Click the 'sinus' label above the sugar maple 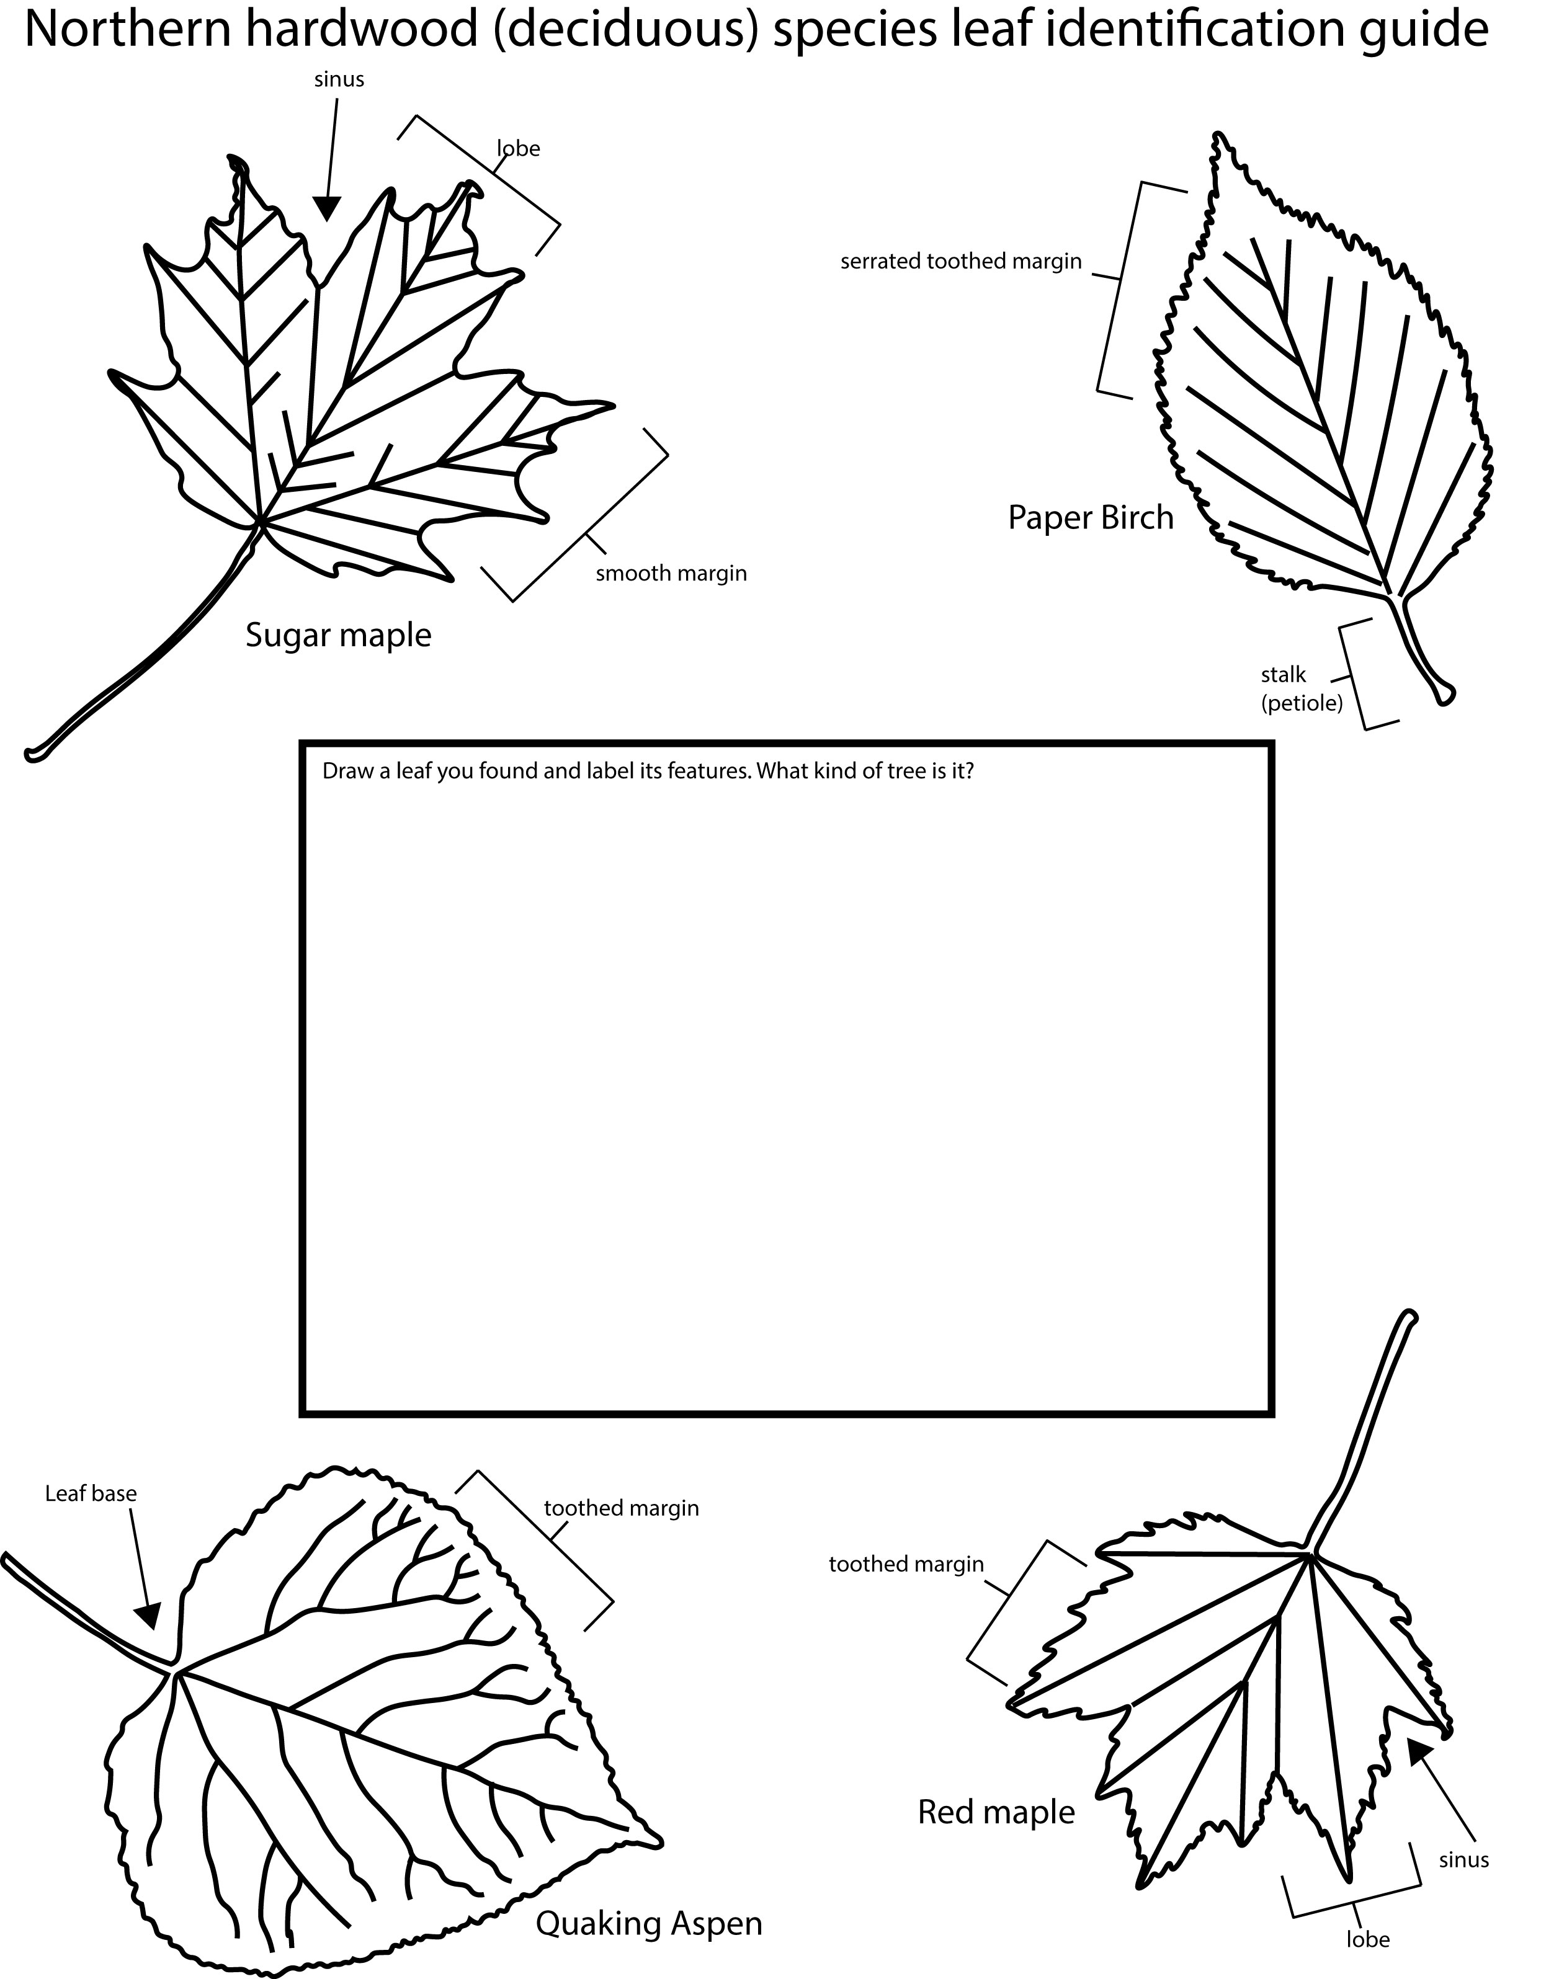pyautogui.click(x=339, y=80)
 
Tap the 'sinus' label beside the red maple pyautogui.click(x=1464, y=1861)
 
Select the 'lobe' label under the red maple pyautogui.click(x=1368, y=1939)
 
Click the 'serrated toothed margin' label pyautogui.click(x=961, y=262)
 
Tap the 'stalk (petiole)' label pyautogui.click(x=1302, y=688)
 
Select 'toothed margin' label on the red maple pyautogui.click(x=906, y=1564)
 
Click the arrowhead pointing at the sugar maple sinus pyautogui.click(x=326, y=208)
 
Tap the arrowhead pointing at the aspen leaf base pyautogui.click(x=148, y=1616)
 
